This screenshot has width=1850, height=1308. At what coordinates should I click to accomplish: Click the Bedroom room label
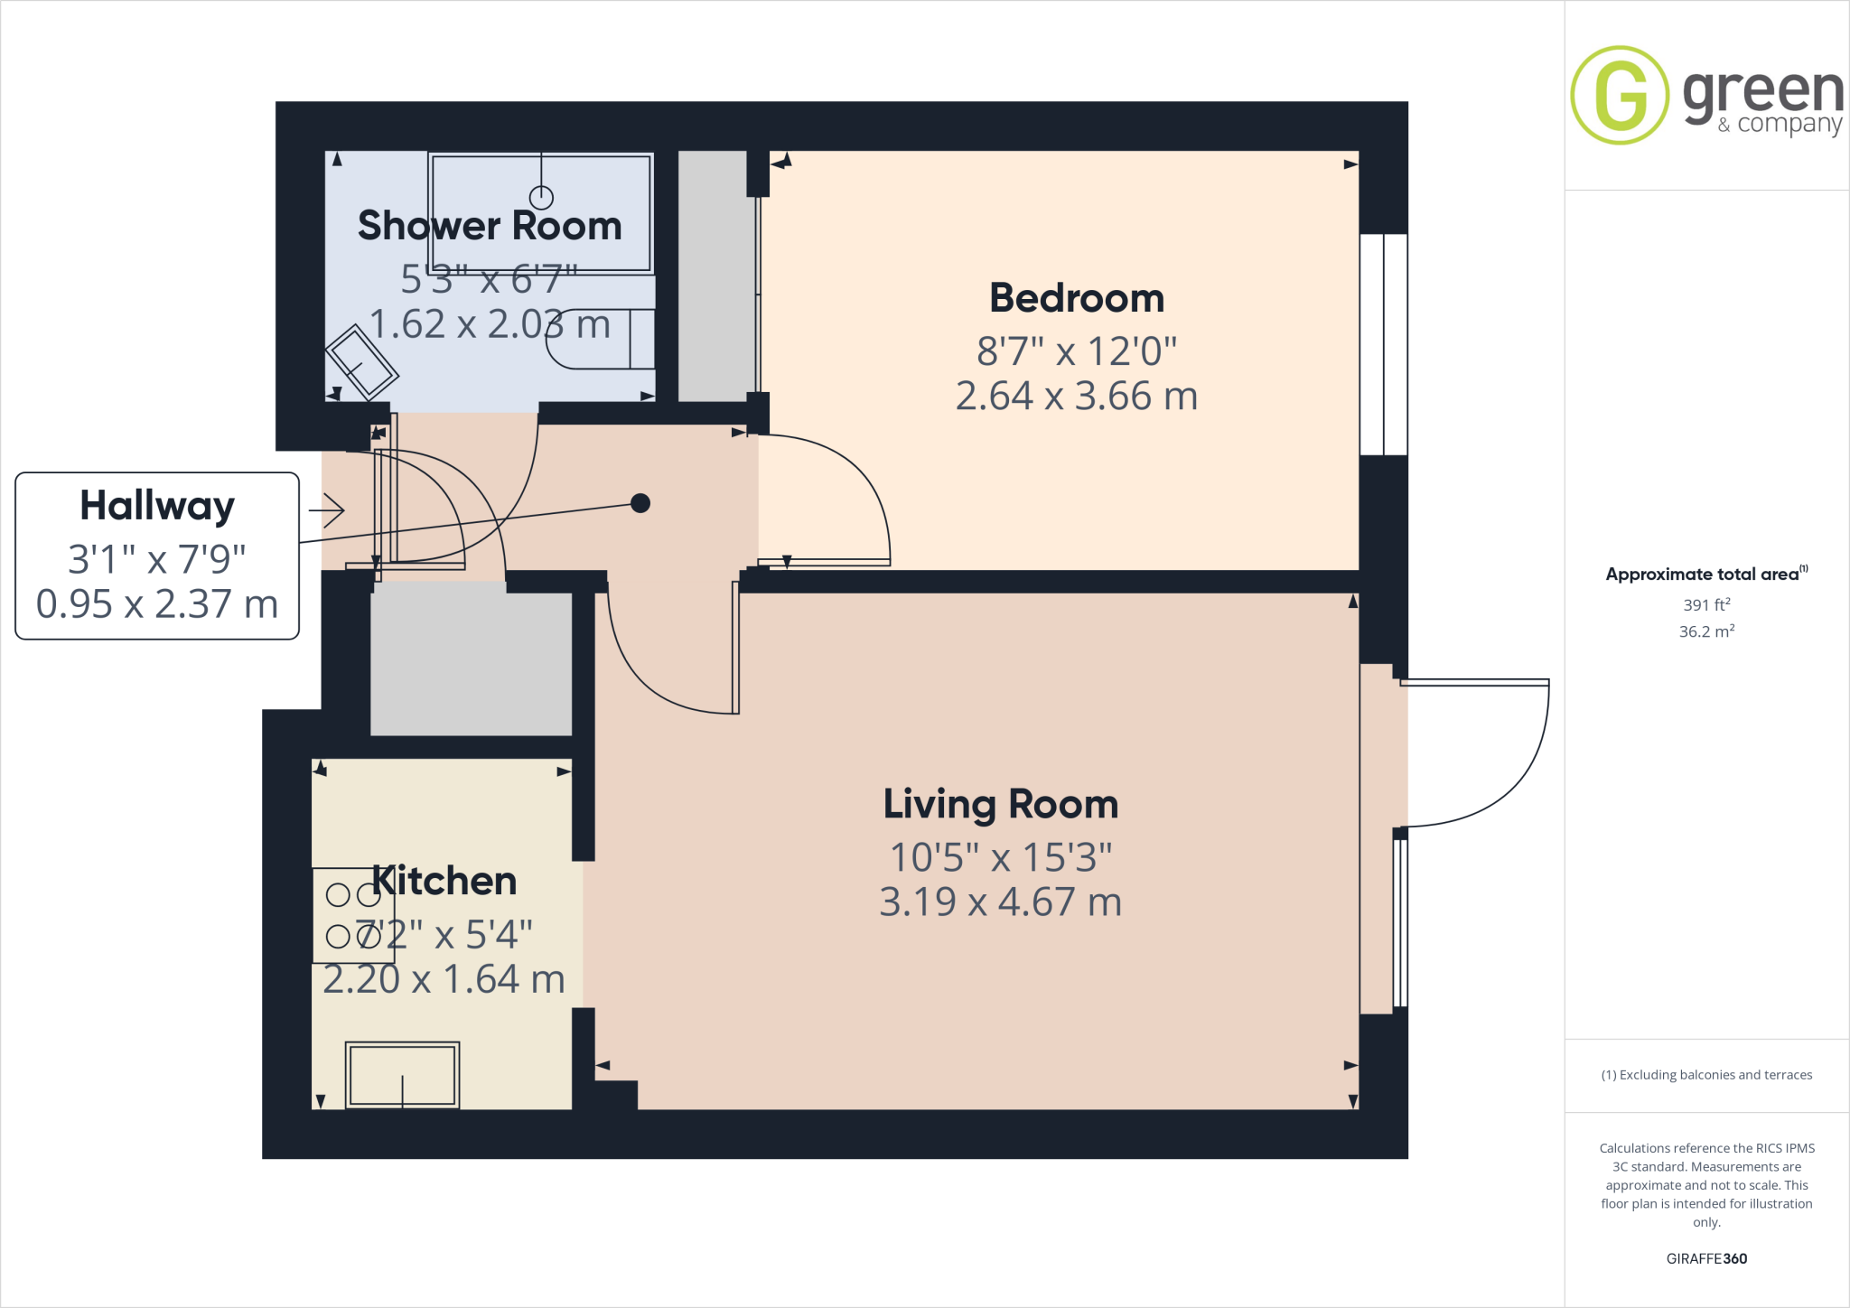1077,298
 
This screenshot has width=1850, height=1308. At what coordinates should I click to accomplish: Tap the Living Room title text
1000,804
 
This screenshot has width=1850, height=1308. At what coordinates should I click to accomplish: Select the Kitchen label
444,881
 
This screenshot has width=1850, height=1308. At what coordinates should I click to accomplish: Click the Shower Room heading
490,226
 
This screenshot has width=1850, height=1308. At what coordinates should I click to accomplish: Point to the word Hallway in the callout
157,505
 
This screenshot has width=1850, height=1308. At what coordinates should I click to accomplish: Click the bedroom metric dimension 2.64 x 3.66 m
1077,397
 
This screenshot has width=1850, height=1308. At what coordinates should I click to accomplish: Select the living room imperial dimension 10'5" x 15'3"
1000,857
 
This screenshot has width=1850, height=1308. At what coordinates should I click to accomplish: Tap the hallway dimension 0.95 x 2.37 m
157,604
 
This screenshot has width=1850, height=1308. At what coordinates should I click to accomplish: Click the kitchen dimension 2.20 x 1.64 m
444,979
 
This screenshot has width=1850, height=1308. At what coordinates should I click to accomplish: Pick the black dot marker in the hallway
640,503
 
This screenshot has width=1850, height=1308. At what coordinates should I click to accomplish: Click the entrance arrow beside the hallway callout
327,511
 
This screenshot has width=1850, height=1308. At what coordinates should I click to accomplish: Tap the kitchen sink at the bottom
403,1075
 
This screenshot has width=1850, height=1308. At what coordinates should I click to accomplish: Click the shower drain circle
541,197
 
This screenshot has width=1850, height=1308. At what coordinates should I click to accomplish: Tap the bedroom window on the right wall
1384,344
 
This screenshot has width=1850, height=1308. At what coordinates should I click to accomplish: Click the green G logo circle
1620,95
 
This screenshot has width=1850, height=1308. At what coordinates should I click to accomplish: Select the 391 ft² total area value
1706,605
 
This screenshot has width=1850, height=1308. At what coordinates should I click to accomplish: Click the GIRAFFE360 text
1706,1258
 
